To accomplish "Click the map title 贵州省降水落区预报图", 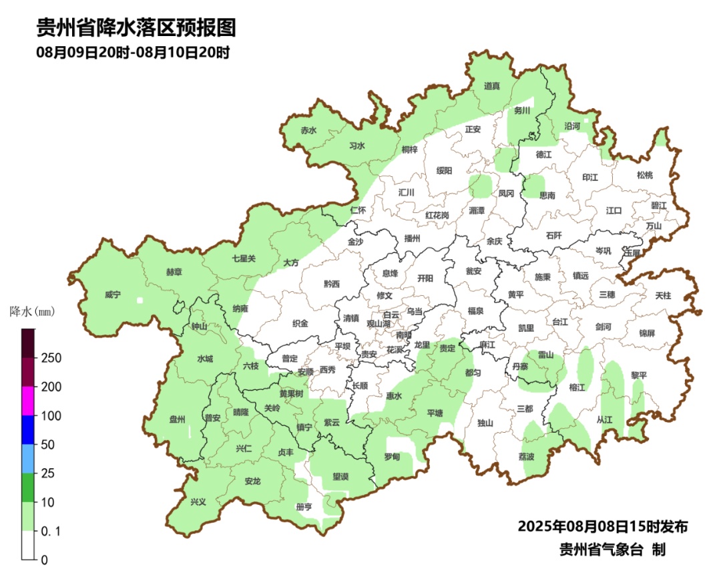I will coord(136,28).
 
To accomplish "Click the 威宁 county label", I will coord(113,295).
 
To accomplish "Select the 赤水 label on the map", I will coord(308,131).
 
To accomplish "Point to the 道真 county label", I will coord(492,85).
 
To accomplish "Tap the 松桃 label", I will coord(644,175).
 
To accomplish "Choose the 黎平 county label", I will coord(639,376).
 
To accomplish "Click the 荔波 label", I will coord(526,457).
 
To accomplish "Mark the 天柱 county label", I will coord(663,295).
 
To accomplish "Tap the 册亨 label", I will coord(304,507).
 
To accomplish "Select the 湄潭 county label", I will coord(477,210).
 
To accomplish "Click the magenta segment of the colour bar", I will coord(27,401).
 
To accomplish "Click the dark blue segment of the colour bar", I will coord(27,430).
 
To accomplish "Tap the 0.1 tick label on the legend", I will coord(51,531).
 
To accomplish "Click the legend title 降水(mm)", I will coord(32,312).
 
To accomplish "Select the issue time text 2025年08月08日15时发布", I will coord(602,527).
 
